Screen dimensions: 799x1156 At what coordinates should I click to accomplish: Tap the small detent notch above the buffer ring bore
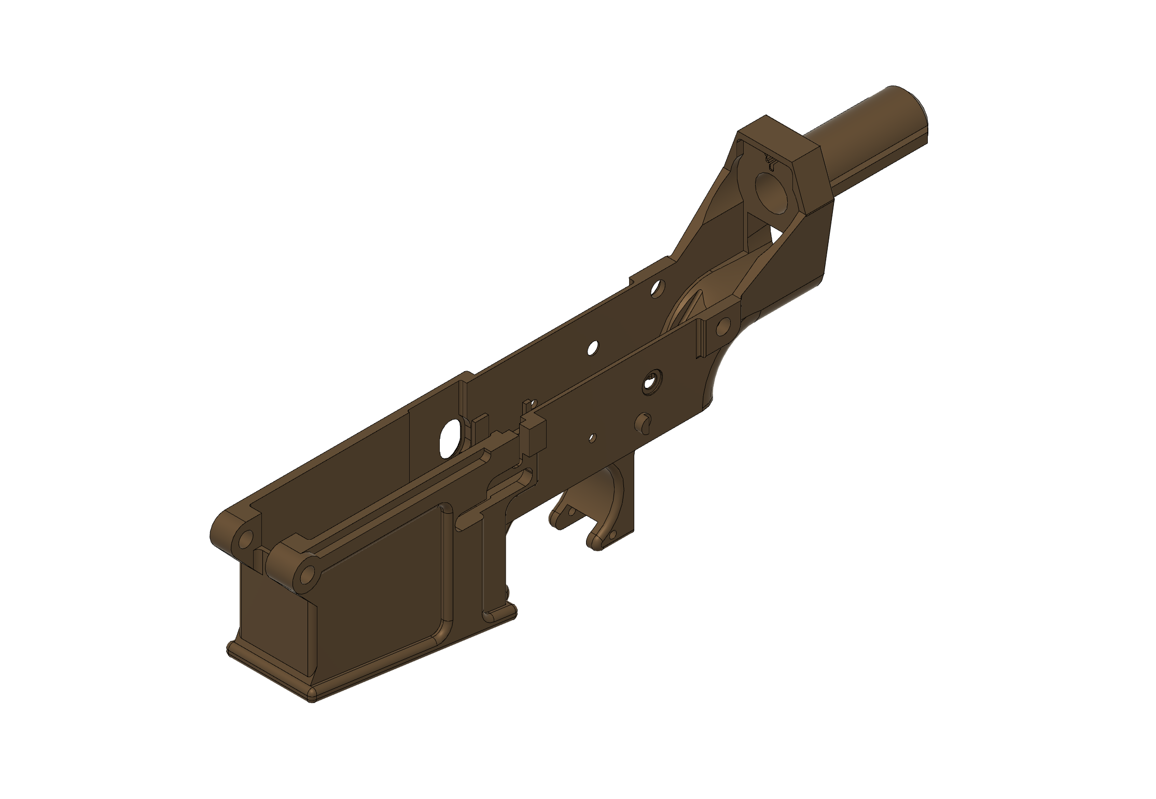click(771, 162)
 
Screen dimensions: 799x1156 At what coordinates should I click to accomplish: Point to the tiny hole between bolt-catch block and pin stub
click(592, 438)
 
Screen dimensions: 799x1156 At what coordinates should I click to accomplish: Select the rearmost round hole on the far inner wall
click(658, 288)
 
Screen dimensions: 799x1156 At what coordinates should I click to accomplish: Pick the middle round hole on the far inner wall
click(592, 347)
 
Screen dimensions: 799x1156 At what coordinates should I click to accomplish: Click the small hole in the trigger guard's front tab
click(572, 511)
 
